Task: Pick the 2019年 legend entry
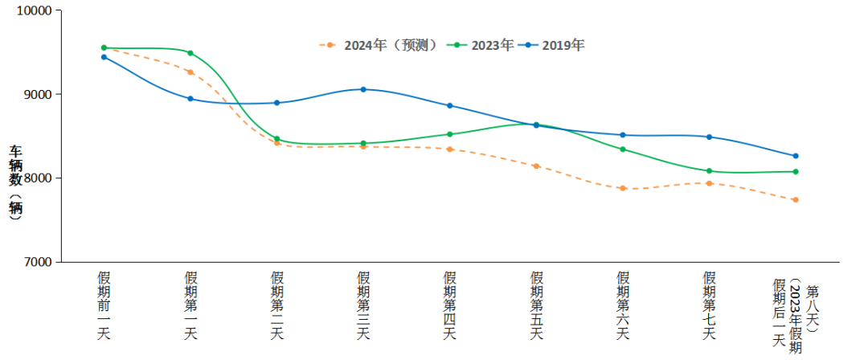(554, 46)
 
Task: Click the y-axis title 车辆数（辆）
(15, 182)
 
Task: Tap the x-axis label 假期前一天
(104, 305)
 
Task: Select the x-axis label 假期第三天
(363, 305)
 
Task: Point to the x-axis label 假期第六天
(623, 305)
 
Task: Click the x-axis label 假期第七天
(709, 305)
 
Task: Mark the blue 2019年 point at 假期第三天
(363, 89)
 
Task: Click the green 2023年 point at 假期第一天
(190, 53)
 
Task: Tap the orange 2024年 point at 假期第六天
(623, 188)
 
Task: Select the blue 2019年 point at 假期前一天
(104, 57)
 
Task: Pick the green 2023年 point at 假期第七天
(709, 171)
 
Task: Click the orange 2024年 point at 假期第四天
(450, 149)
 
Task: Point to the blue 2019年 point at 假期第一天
(190, 99)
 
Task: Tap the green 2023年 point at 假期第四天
(450, 134)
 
